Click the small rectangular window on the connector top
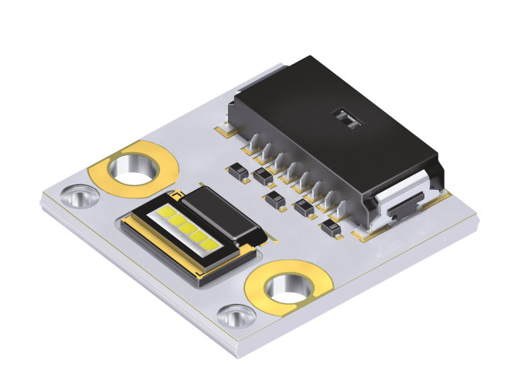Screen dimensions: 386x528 [345, 117]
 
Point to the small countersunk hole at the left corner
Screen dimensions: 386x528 [78, 197]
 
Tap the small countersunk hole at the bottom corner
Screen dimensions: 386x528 [237, 315]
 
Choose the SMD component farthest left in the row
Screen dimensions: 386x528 [237, 170]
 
